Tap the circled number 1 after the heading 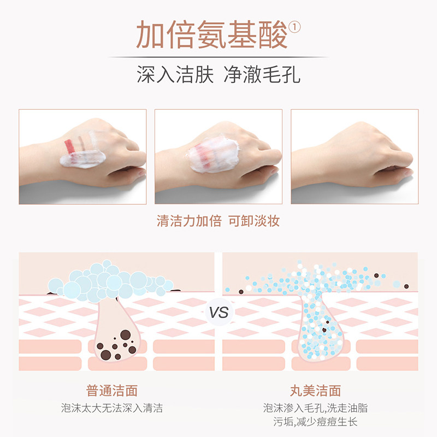click(295, 27)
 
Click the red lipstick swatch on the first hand click(70, 146)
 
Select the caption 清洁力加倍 click(189, 221)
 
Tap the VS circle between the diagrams click(218, 312)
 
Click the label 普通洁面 click(112, 391)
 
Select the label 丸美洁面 click(316, 391)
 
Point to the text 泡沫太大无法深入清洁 click(112, 408)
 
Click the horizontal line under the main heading click(218, 57)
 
